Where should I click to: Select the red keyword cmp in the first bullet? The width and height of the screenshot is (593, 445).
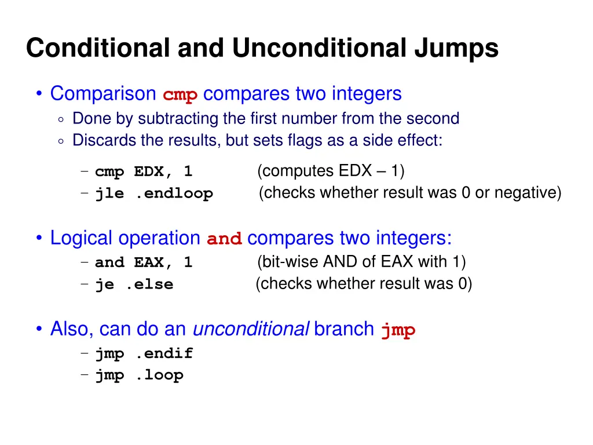coord(180,94)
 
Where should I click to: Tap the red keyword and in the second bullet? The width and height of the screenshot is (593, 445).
coord(224,239)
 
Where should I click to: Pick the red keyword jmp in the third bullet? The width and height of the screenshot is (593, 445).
coord(398,330)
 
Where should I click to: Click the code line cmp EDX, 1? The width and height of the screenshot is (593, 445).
coord(144,172)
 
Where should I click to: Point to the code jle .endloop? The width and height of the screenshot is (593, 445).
coord(154,194)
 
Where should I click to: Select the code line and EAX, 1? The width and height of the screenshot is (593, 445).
coord(144,262)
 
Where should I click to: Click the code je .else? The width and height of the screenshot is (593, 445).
coord(134,284)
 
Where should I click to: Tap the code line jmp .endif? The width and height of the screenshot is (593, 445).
coord(144,353)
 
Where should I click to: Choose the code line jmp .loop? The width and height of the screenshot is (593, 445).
coord(139,375)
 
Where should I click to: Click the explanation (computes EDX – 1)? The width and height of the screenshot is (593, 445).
coord(331,171)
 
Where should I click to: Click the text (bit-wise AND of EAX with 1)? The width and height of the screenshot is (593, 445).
coord(361,262)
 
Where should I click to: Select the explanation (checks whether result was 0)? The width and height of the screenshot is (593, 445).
coord(364,284)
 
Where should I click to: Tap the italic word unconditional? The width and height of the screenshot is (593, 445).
coord(250,329)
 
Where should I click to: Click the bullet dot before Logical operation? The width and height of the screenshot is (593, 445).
coord(39,238)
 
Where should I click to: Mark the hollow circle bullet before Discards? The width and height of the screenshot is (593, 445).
coord(61,141)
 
